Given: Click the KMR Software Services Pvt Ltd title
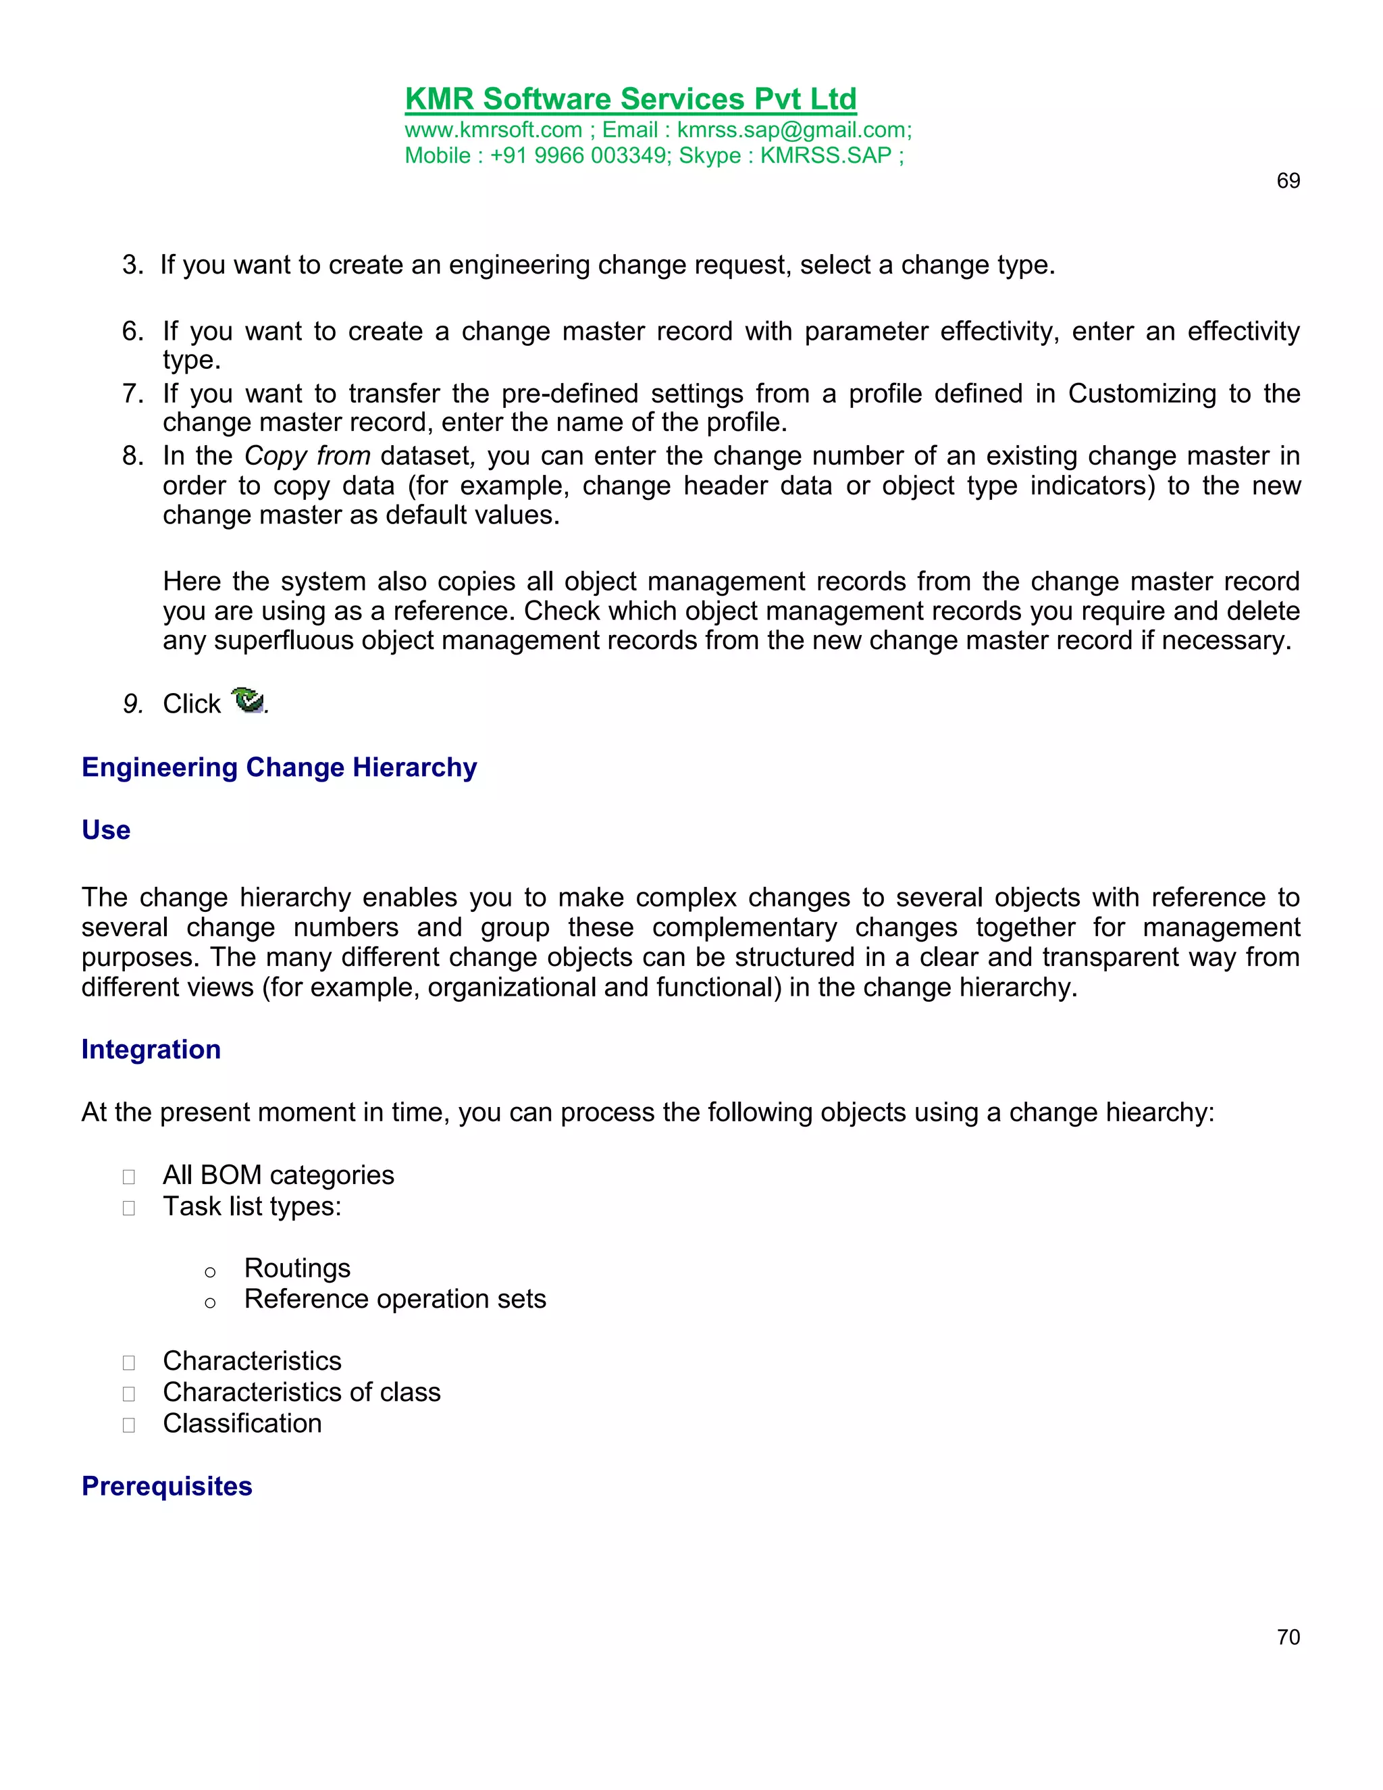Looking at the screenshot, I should pos(630,99).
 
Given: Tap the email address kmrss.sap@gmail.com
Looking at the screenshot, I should pos(791,130).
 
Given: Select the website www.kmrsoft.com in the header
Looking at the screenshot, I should pos(493,130).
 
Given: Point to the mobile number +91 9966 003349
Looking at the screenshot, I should pos(579,156).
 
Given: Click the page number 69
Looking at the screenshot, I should pos(1288,181).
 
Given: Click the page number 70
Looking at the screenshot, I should pos(1288,1637).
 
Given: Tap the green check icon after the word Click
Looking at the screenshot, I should pos(246,700).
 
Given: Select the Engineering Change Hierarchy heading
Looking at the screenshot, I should pos(279,767).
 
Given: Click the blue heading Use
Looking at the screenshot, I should pos(106,830).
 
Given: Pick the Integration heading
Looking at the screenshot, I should pos(151,1050).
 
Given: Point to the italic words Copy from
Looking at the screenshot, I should pos(307,456).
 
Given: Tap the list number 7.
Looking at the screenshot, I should pos(131,393).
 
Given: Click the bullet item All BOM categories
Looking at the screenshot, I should pos(278,1175).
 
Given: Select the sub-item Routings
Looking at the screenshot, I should pos(296,1269).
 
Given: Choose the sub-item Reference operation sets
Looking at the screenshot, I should pos(394,1300).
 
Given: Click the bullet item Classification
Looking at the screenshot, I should pos(242,1424).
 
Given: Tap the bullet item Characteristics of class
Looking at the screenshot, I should pos(301,1393).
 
